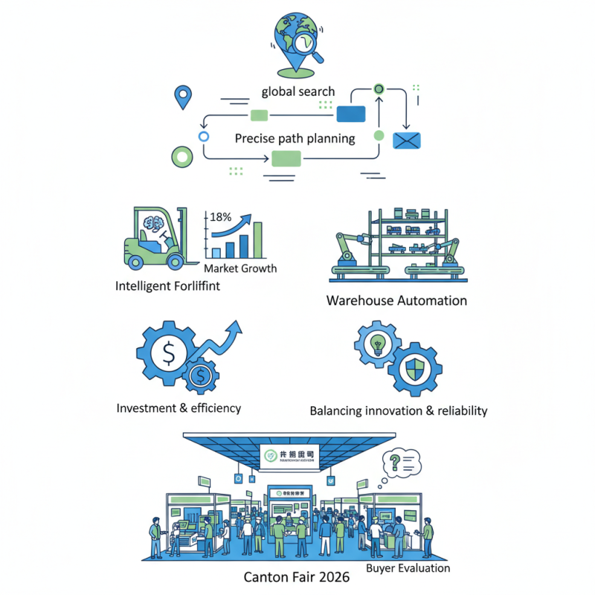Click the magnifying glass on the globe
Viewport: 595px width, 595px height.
coord(303,44)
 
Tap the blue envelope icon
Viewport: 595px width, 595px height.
coord(407,140)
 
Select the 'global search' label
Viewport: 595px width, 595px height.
coord(297,92)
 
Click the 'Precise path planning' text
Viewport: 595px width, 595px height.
coord(295,138)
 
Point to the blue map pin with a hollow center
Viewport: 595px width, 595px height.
coord(181,96)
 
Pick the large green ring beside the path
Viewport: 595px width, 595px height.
coord(181,157)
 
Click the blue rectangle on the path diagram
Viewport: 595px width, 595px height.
coord(351,113)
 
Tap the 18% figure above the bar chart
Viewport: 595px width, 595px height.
coord(221,217)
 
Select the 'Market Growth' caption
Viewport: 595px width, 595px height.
coord(239,268)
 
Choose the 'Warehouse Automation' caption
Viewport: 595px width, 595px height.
coord(396,300)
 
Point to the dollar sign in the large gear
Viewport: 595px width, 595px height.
coord(169,355)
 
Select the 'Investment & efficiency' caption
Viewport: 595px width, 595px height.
coord(178,408)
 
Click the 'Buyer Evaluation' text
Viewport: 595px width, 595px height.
coord(408,568)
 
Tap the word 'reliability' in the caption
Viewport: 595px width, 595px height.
coord(456,411)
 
